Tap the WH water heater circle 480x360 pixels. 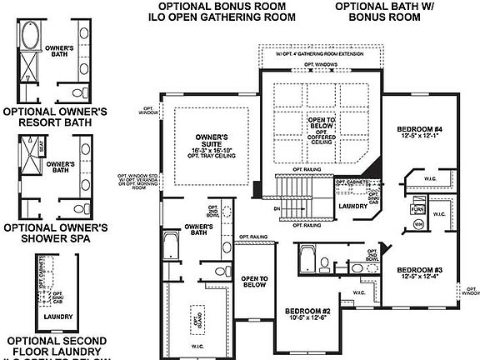pyautogui.click(x=418, y=224)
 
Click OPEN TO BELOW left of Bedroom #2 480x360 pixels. pyautogui.click(x=252, y=282)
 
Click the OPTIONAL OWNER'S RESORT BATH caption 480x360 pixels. pyautogui.click(x=56, y=116)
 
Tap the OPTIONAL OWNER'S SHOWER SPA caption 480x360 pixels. pyautogui.click(x=56, y=232)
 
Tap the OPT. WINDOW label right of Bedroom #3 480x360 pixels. pyautogui.click(x=470, y=291)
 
